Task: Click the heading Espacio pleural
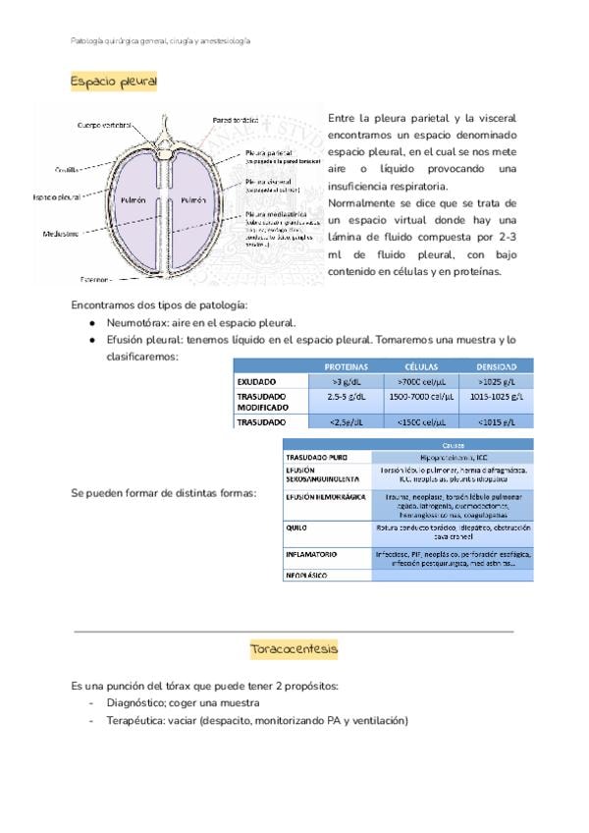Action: pos(114,82)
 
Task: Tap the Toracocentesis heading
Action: pos(294,649)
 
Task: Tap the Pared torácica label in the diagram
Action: pos(235,120)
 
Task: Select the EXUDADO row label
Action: pos(256,381)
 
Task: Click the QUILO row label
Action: pos(296,527)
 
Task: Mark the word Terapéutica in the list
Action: pos(137,720)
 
